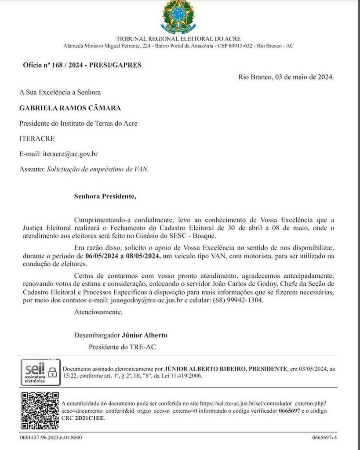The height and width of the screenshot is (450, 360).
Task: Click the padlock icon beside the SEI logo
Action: (x=53, y=372)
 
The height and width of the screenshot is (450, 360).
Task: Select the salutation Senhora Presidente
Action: (x=105, y=196)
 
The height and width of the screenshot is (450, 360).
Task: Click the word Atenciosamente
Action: (x=98, y=312)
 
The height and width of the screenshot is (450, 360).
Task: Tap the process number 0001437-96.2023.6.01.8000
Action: (x=51, y=438)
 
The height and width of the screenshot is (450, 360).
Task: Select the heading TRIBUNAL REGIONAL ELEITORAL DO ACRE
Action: (x=178, y=39)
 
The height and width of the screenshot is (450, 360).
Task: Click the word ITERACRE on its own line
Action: (x=37, y=138)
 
